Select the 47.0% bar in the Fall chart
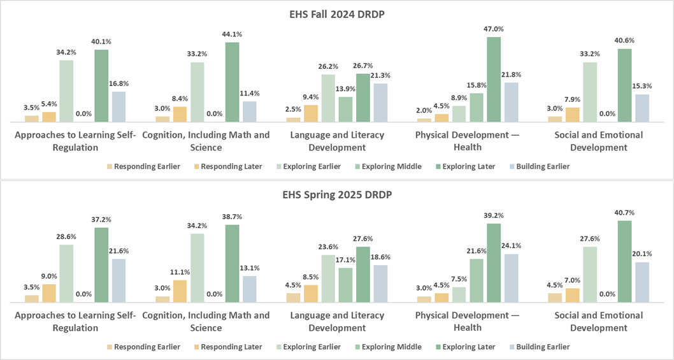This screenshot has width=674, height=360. pos(494,79)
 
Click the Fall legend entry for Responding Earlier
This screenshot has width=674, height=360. pos(143,166)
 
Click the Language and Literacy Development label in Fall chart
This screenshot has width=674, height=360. pos(337,141)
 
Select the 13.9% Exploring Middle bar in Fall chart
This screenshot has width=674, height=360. pos(345,109)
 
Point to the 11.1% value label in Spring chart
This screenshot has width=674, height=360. pos(180,272)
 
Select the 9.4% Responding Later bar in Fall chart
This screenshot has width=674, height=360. pos(311,113)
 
